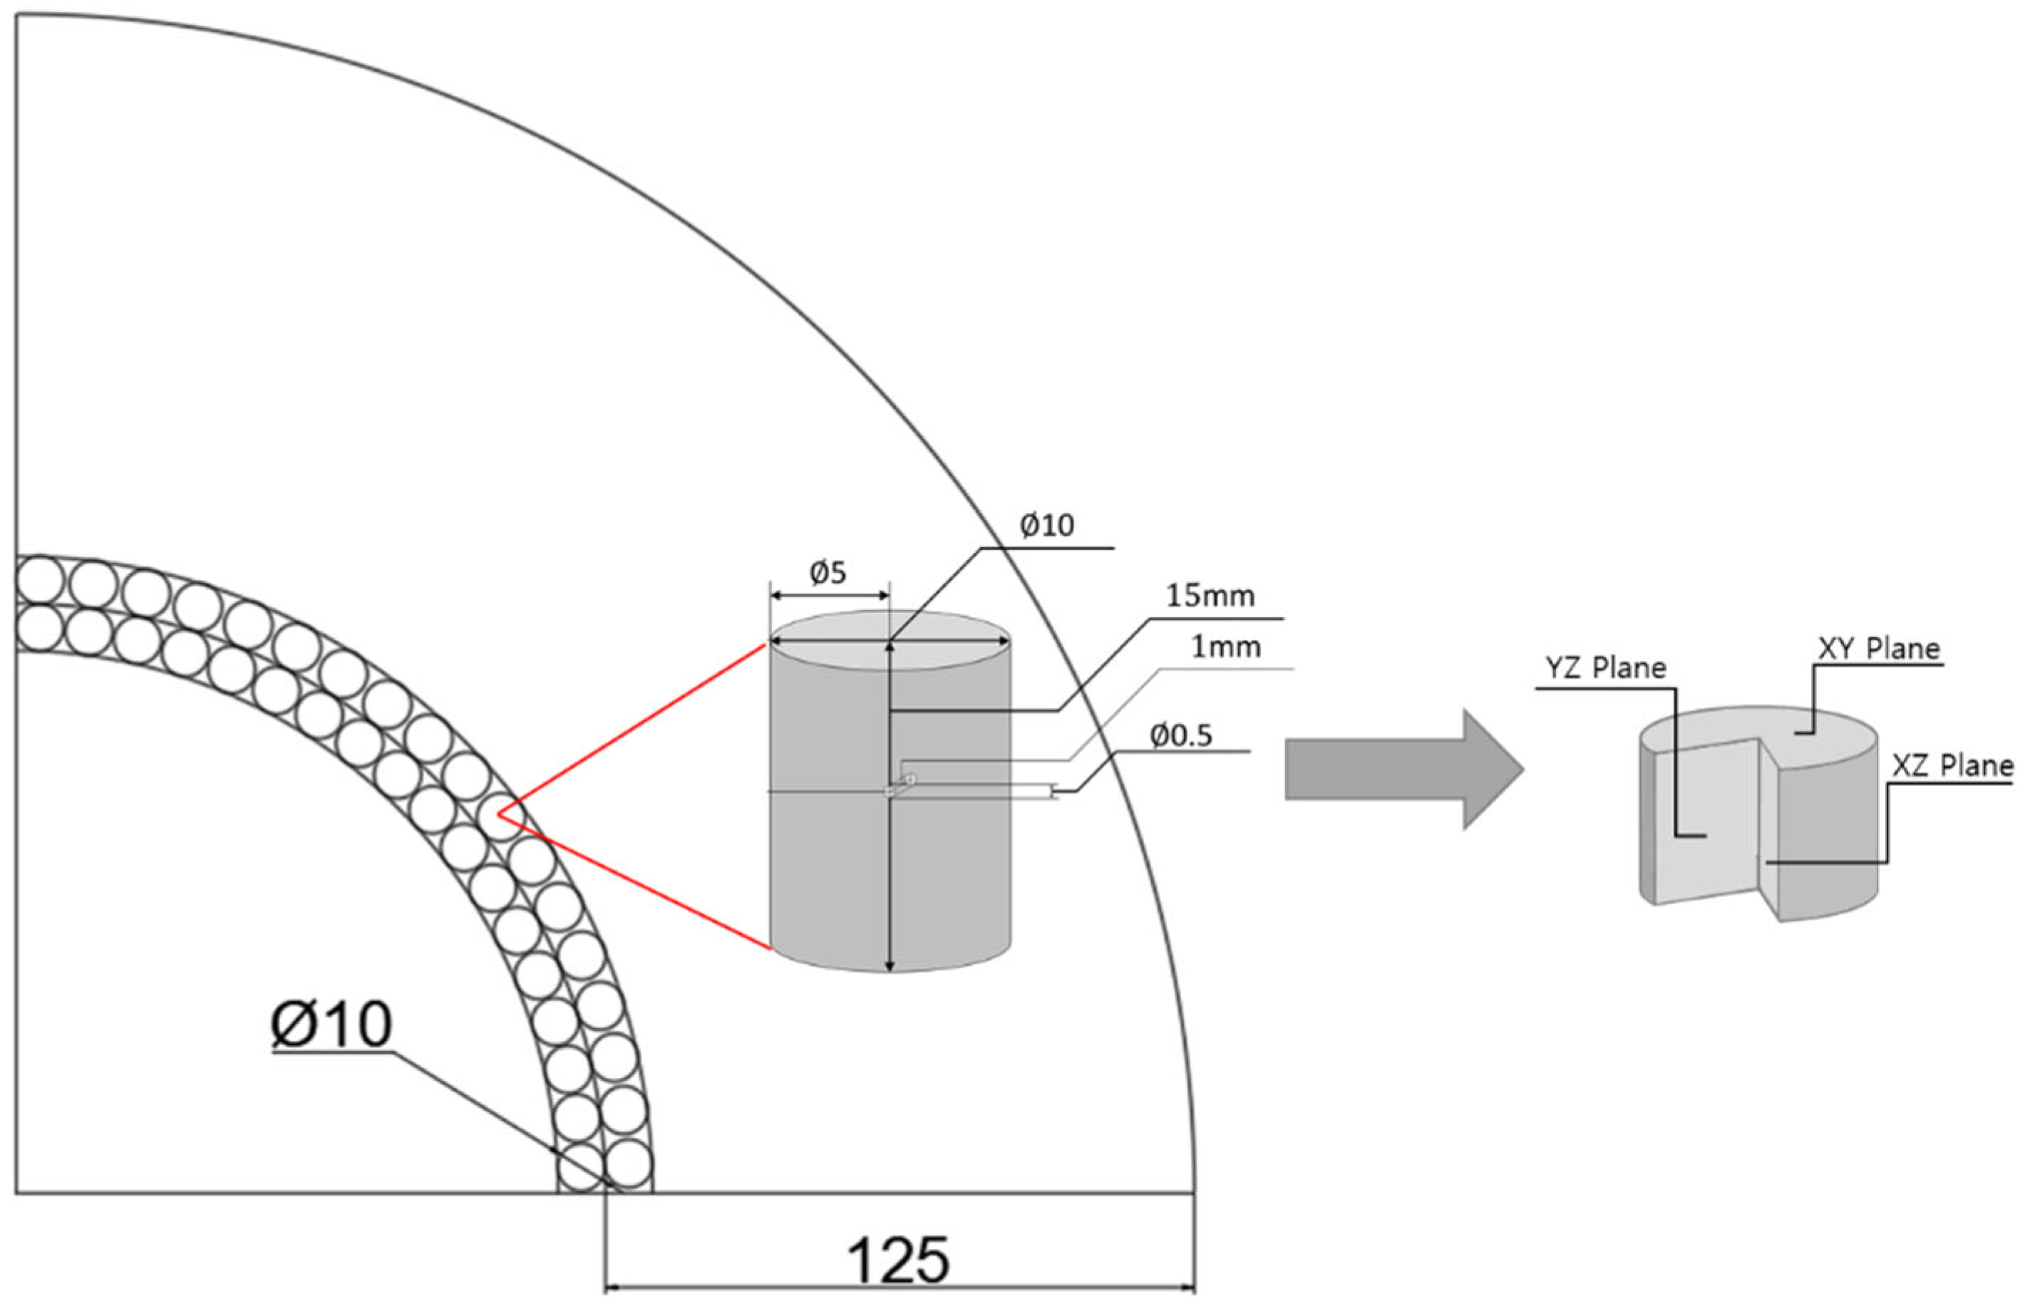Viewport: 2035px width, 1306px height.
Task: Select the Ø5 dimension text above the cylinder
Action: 828,574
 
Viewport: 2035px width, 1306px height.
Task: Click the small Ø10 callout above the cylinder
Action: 1047,526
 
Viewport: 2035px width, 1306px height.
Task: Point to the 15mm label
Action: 1210,596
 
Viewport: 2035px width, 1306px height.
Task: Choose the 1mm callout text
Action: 1226,648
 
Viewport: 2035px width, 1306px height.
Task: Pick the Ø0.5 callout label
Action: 1181,736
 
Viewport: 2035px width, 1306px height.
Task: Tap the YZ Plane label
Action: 1605,668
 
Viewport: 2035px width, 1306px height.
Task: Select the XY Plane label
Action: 1879,649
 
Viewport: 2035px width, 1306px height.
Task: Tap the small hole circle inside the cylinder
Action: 910,779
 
